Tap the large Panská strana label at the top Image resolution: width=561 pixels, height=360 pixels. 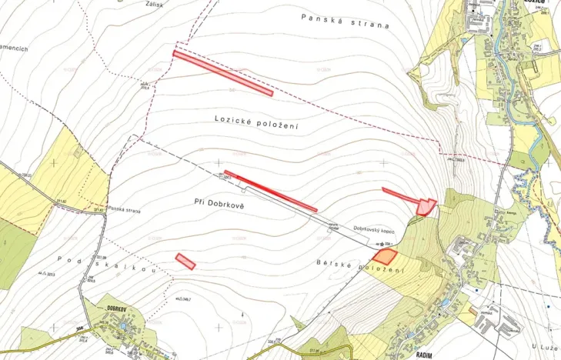pos(345,21)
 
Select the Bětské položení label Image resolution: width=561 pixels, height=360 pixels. pos(359,265)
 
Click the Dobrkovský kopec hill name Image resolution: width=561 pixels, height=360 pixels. pos(375,228)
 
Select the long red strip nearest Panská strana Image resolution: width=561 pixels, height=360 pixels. pos(223,74)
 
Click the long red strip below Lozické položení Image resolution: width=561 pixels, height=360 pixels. pos(270,191)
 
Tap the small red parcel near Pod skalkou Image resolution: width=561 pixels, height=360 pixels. pos(185,261)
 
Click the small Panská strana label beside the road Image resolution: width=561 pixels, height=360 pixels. pos(124,209)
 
